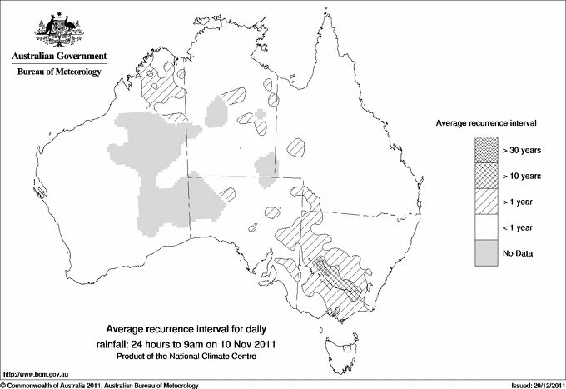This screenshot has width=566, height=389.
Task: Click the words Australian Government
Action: coord(58,57)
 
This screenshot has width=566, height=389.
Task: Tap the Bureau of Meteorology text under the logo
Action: coord(58,72)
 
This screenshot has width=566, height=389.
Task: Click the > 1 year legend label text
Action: coord(519,201)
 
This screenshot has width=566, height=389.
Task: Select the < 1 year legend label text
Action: coord(519,227)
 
